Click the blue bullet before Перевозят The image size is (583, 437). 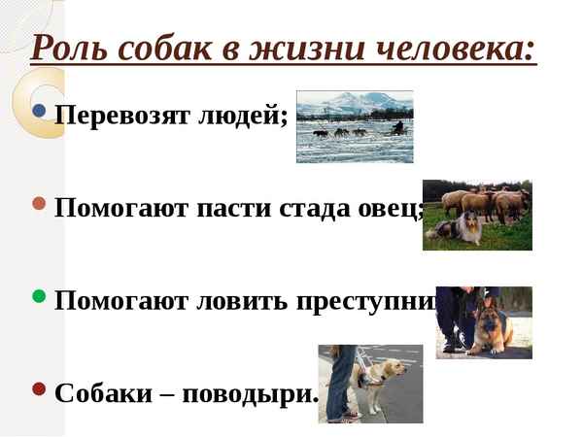click(39, 111)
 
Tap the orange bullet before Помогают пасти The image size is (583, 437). click(39, 204)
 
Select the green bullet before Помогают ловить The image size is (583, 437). click(39, 296)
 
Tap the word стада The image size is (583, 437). click(319, 207)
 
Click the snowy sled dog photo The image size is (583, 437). click(354, 126)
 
